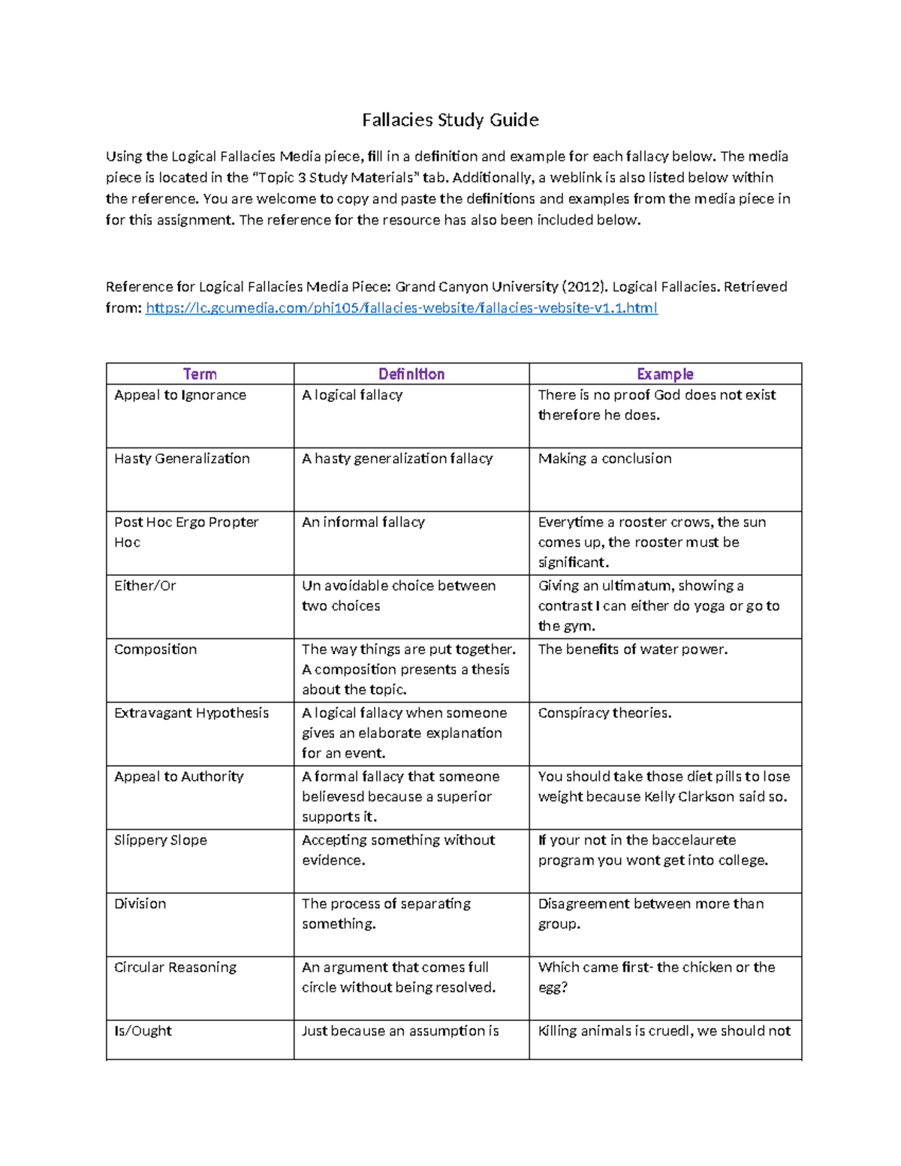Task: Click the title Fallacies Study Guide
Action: pos(450,120)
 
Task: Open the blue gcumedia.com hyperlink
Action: pos(401,308)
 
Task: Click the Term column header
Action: pos(200,374)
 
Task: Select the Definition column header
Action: pos(411,374)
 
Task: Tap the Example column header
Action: pos(664,374)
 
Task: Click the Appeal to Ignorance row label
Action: pos(180,395)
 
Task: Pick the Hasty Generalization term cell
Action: pos(182,459)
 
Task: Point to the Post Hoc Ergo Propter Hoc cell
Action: pos(185,532)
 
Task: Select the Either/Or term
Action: pos(145,586)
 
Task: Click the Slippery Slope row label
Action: pos(161,840)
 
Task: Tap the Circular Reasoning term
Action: pos(175,967)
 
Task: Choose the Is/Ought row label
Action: pos(143,1031)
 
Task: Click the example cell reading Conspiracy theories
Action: pos(604,713)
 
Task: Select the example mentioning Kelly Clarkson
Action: pos(663,786)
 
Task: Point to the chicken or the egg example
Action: pos(655,977)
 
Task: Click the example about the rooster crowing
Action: pos(651,541)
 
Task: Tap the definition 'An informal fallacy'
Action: pos(363,522)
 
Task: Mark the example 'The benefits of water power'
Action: pos(632,649)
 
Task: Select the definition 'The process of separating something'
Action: pos(386,913)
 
